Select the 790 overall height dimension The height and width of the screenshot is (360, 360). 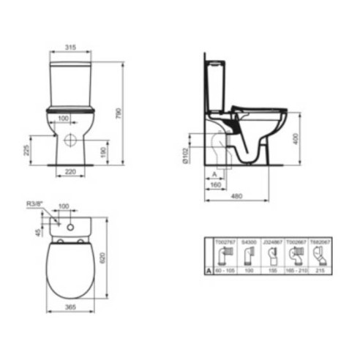tap(118, 114)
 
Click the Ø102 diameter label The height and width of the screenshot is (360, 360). tap(188, 155)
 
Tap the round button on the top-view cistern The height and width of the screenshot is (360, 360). tap(72, 226)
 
